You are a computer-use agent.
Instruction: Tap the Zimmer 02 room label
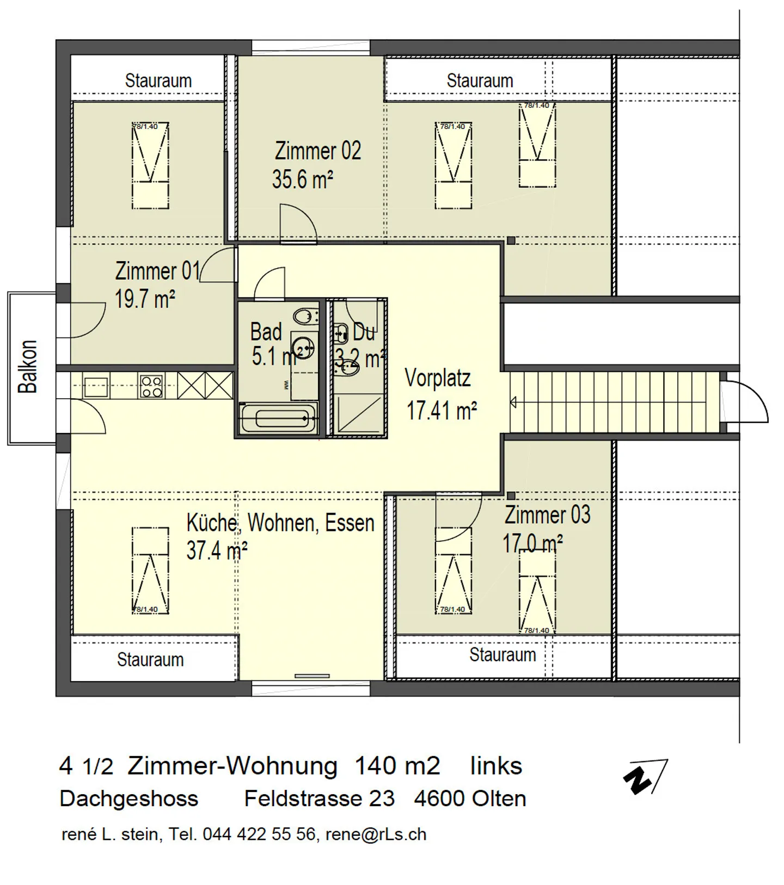(317, 151)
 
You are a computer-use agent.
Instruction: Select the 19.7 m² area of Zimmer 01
(144, 299)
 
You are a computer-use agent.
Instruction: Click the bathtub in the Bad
(278, 418)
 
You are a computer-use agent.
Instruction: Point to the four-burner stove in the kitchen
(151, 386)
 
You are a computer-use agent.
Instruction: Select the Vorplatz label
(437, 378)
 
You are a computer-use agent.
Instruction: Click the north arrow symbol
(645, 776)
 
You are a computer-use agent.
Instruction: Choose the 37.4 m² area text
(217, 550)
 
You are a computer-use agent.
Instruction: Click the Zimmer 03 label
(547, 515)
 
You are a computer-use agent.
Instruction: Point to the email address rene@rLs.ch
(376, 834)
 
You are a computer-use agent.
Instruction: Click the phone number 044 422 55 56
(259, 834)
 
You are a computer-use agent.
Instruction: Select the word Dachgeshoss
(129, 799)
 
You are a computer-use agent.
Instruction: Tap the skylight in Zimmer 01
(150, 165)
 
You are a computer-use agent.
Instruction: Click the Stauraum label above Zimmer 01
(158, 81)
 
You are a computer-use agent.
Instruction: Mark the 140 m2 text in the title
(397, 766)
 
